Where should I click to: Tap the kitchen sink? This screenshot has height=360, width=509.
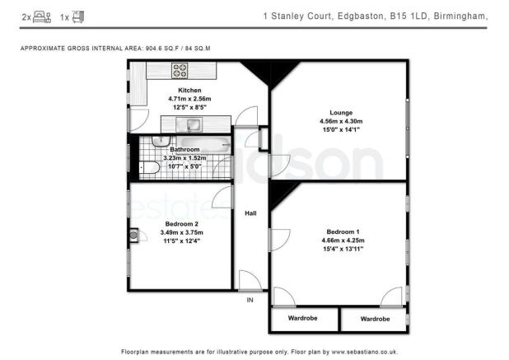pyautogui.click(x=192, y=125)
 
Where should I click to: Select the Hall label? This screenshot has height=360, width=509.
pyautogui.click(x=250, y=213)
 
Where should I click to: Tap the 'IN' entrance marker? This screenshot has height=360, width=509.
pyautogui.click(x=250, y=300)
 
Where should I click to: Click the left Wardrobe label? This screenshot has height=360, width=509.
pyautogui.click(x=303, y=318)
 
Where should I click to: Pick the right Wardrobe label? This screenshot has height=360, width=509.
pyautogui.click(x=375, y=318)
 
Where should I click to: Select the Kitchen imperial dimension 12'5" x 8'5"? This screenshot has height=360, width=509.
pyautogui.click(x=190, y=106)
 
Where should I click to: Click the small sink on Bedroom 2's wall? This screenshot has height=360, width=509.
pyautogui.click(x=133, y=235)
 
